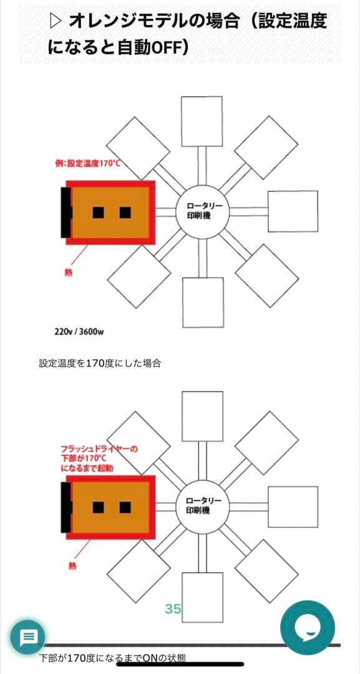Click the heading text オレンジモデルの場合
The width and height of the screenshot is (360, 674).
pyautogui.click(x=153, y=21)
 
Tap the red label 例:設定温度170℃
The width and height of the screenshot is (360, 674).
pyautogui.click(x=87, y=164)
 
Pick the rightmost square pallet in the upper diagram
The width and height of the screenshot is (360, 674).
pyautogui.click(x=293, y=212)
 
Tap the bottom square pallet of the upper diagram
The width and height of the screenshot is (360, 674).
pyautogui.click(x=203, y=302)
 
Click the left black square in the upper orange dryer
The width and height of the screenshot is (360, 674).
pyautogui.click(x=98, y=212)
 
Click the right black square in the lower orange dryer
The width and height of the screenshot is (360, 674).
pyautogui.click(x=125, y=507)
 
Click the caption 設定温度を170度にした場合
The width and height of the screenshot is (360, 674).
pyautogui.click(x=100, y=363)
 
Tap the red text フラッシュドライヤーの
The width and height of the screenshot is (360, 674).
pyautogui.click(x=99, y=449)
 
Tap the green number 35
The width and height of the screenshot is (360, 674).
pyautogui.click(x=173, y=608)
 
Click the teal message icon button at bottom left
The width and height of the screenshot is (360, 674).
pyautogui.click(x=29, y=638)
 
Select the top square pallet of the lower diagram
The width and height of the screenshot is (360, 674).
pyautogui.click(x=202, y=416)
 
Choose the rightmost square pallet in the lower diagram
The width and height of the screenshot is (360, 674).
pyautogui.click(x=293, y=505)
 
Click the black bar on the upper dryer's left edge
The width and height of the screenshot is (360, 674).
pyautogui.click(x=65, y=212)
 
